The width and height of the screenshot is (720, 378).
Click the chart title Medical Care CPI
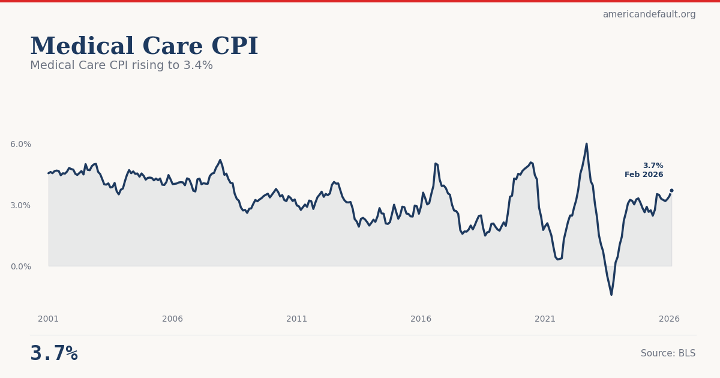coord(144,47)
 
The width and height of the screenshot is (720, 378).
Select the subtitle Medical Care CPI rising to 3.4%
coord(121,65)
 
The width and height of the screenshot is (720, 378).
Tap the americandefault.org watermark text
coord(649,14)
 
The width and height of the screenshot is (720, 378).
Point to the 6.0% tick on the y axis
coord(20,144)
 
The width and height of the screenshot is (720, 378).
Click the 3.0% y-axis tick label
coord(20,205)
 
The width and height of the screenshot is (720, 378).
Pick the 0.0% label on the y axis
coord(20,266)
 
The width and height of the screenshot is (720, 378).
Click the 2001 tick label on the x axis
coord(49,319)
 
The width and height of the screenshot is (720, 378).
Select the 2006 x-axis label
coord(173,319)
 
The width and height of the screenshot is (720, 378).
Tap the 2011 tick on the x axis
coord(297,319)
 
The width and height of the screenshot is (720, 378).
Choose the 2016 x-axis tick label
coord(421,319)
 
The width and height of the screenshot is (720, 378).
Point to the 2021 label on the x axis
coord(545,319)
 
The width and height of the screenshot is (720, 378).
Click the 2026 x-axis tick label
coord(670,319)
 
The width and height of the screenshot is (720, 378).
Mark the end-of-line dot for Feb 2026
coord(671,190)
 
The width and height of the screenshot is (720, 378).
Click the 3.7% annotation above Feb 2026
coord(653,166)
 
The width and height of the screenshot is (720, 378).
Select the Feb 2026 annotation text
coord(644,175)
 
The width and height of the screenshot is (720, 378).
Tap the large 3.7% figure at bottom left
coord(54,353)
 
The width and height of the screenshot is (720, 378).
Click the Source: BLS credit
coord(668,353)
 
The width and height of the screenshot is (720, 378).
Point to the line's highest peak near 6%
coord(586,144)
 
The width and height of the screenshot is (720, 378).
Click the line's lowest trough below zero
coord(611,294)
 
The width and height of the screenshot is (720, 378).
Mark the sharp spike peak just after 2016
coord(436,163)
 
